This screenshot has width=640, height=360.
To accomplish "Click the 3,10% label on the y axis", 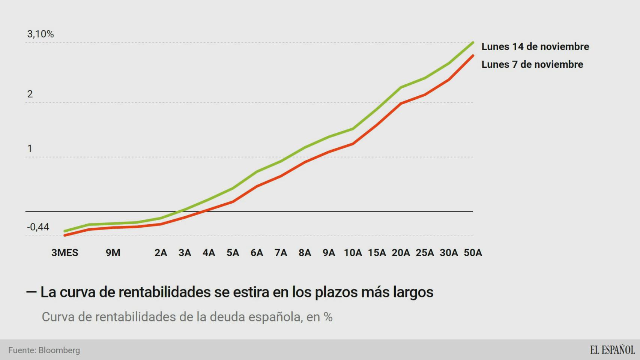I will tap(41, 34).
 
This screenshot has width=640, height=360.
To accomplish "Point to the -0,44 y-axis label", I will tap(38, 227).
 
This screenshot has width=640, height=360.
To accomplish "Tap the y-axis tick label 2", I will tap(30, 94).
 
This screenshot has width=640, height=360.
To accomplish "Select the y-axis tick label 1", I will tap(30, 148).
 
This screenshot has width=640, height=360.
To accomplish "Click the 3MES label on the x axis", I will tap(65, 253).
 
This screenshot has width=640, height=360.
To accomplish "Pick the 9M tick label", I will tap(113, 253).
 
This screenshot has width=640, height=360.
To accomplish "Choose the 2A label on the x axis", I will tap(161, 253).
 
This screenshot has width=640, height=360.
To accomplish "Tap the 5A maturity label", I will tap(233, 253).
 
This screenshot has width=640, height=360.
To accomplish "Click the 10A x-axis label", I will tap(353, 253).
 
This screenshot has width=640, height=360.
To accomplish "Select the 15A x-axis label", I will tap(377, 253).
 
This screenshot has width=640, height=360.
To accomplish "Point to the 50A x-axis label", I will tap(473, 253).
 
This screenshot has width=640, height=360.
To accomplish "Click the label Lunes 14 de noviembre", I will tap(535, 46).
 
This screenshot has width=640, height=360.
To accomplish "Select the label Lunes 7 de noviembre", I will tap(532, 64).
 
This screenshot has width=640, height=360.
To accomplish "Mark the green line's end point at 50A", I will tap(473, 43).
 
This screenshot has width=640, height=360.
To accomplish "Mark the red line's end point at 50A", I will tap(473, 56).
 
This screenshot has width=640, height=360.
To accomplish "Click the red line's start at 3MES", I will tap(65, 235).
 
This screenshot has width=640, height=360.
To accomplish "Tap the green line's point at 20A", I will tap(401, 88).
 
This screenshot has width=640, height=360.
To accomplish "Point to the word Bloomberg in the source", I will tap(59, 350).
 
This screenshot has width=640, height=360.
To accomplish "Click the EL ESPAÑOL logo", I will tap(612, 350).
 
